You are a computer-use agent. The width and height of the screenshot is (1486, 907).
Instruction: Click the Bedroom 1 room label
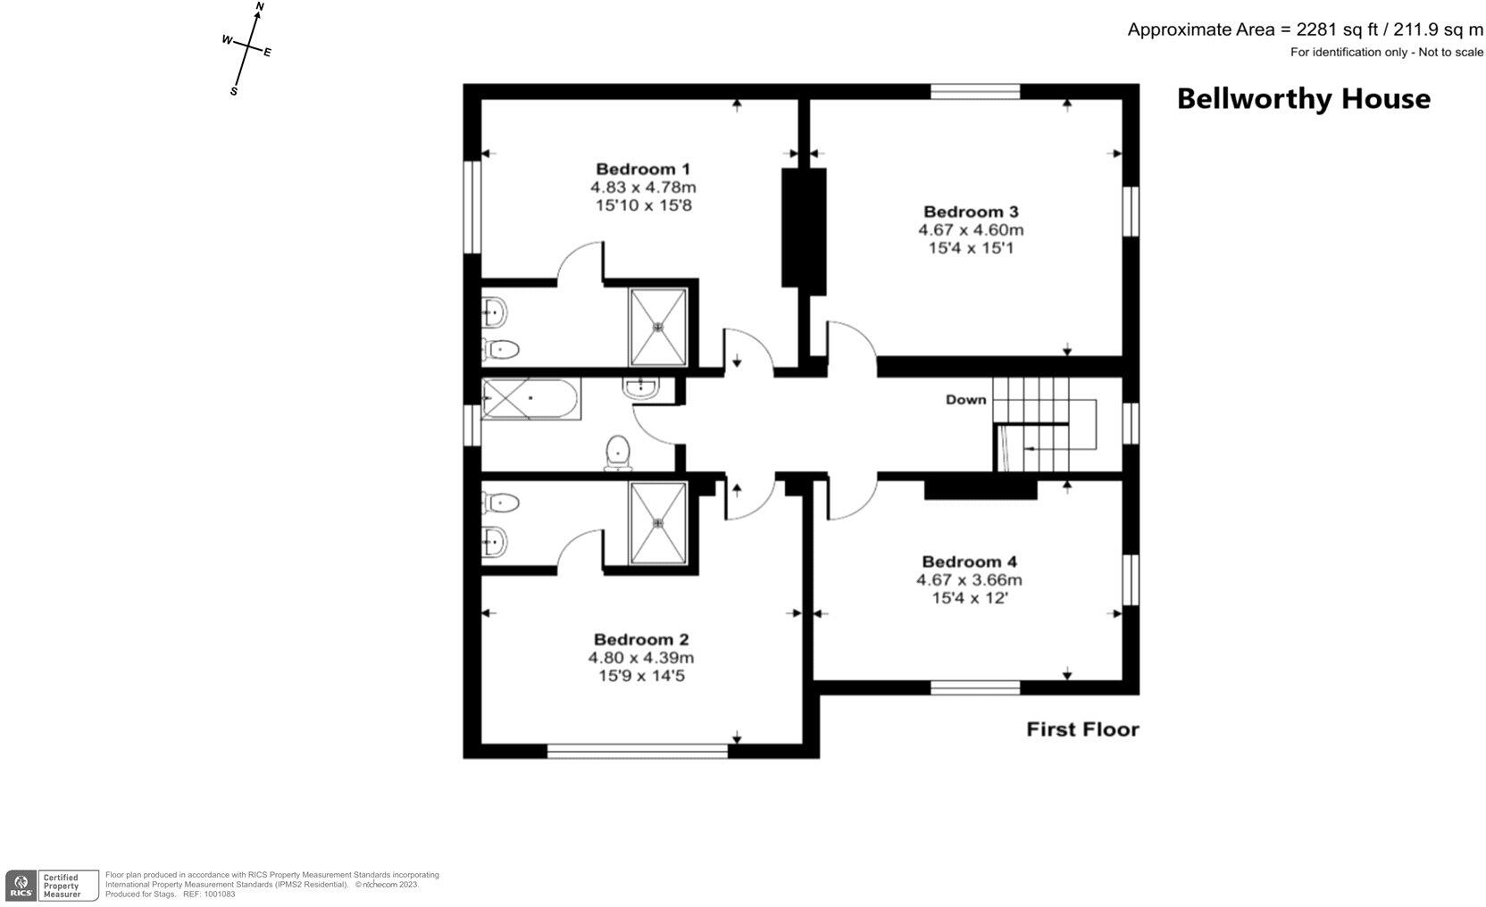[642, 169]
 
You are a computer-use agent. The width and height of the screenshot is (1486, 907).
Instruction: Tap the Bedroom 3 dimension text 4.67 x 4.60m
[971, 229]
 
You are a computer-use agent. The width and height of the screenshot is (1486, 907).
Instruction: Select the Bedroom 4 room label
[969, 562]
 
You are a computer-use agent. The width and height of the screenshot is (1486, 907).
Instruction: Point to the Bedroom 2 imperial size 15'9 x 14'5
[641, 676]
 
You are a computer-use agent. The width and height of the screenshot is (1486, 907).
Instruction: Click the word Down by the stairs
[965, 399]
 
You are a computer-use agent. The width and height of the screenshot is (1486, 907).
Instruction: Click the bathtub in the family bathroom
[530, 398]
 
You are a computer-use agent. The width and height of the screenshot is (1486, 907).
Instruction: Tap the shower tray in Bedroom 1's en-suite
[658, 327]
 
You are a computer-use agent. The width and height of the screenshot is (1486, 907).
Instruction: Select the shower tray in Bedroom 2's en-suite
[658, 523]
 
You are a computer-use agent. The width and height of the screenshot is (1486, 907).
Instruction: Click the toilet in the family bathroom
[617, 452]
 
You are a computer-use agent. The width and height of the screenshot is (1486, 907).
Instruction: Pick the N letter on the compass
[259, 7]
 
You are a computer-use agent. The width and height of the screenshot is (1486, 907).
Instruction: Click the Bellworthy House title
[1302, 98]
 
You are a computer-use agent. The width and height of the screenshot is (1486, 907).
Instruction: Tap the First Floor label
[1082, 729]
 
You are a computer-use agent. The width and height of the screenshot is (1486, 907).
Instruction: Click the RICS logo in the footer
[21, 886]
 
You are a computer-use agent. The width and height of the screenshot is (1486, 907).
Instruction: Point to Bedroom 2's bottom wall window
[637, 751]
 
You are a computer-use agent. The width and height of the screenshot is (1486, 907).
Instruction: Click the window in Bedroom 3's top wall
[974, 90]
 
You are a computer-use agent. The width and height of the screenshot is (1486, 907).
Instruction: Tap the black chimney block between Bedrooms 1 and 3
[803, 228]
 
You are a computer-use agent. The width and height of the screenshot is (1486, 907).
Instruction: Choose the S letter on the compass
[234, 91]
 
